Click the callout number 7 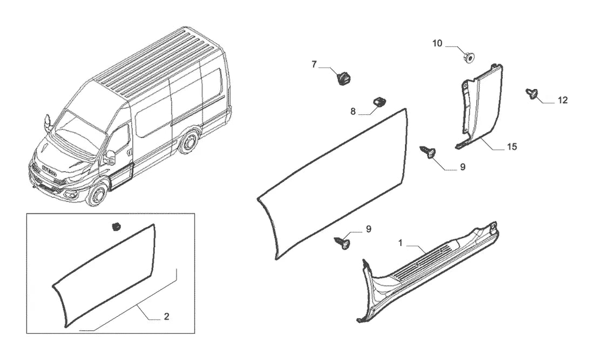click(314, 64)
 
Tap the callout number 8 click(353, 112)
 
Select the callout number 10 click(437, 44)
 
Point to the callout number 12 click(563, 100)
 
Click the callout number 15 click(512, 146)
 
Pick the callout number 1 click(401, 243)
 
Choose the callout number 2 click(166, 316)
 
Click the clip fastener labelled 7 click(343, 78)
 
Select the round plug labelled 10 click(469, 58)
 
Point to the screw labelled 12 click(531, 93)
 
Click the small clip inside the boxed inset click(116, 226)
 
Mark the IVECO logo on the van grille click(49, 170)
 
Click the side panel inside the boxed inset click(105, 275)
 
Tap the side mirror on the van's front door click(110, 157)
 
